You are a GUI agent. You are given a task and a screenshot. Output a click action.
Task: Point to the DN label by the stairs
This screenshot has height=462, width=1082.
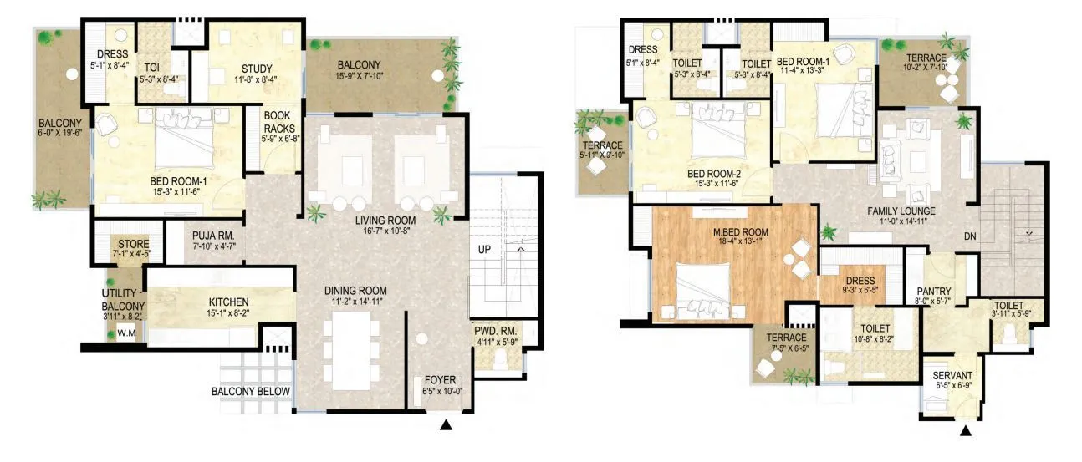(969, 236)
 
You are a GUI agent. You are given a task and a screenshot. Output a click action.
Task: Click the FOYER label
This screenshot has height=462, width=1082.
(440, 380)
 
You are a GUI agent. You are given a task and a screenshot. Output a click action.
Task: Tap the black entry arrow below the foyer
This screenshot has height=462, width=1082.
(447, 425)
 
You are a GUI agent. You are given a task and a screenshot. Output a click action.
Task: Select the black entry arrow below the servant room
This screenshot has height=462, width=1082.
(966, 432)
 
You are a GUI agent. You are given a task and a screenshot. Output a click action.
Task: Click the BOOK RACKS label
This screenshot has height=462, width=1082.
(277, 123)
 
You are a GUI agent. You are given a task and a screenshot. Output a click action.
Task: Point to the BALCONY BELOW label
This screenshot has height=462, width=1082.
(250, 392)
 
